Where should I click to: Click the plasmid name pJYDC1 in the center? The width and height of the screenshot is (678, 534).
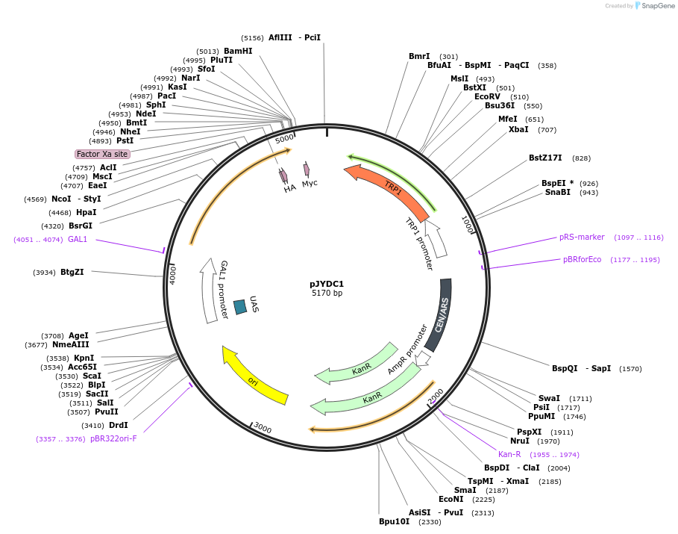pyautogui.click(x=327, y=284)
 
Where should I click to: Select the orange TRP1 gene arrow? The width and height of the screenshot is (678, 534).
pyautogui.click(x=388, y=191)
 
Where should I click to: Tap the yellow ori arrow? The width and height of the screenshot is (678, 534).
pyautogui.click(x=255, y=376)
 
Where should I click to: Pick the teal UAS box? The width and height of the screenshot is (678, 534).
pyautogui.click(x=240, y=306)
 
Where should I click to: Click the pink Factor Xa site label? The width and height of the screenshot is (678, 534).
pyautogui.click(x=103, y=154)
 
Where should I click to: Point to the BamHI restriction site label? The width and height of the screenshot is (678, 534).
pyautogui.click(x=238, y=51)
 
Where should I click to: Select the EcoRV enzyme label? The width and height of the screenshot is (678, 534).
pyautogui.click(x=487, y=96)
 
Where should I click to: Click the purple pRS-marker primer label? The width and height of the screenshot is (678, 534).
pyautogui.click(x=582, y=237)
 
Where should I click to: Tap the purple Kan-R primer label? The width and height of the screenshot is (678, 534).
pyautogui.click(x=509, y=454)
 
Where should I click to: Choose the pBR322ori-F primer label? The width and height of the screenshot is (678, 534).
pyautogui.click(x=113, y=438)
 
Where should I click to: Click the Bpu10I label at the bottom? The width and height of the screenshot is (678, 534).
pyautogui.click(x=394, y=521)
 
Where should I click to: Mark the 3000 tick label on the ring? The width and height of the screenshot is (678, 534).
pyautogui.click(x=263, y=427)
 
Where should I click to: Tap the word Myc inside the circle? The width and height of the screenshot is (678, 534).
pyautogui.click(x=310, y=183)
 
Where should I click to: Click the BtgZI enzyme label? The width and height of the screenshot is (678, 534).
pyautogui.click(x=72, y=272)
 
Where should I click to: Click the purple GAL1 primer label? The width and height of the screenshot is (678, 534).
pyautogui.click(x=78, y=239)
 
